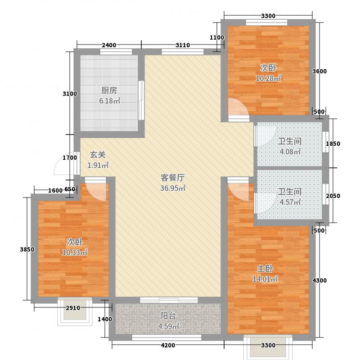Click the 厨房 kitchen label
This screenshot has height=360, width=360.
(x=109, y=90)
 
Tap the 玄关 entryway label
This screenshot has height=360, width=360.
(x=98, y=155)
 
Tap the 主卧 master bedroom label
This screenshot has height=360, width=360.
(x=265, y=269)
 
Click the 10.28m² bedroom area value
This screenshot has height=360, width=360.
(x=268, y=79)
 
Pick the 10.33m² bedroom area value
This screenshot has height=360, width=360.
(x=74, y=252)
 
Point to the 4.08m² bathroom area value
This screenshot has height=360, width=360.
(x=289, y=152)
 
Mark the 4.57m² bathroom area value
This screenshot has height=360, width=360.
(x=289, y=202)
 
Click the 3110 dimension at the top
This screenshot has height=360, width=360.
(x=182, y=45)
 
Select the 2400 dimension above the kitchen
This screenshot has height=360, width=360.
(x=109, y=45)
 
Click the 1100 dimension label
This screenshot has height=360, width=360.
(x=217, y=38)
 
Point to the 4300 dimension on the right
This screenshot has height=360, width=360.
(x=319, y=280)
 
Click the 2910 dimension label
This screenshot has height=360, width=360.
(x=72, y=308)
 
